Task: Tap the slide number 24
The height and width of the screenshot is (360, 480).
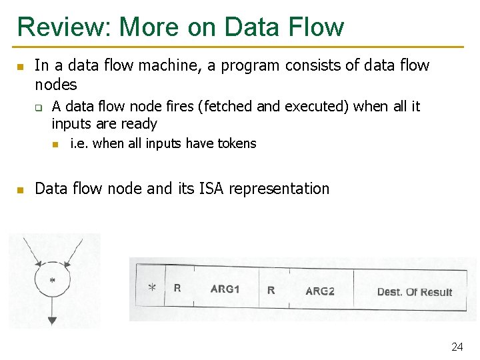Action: tap(457, 347)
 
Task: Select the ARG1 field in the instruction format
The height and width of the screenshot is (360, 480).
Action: tap(225, 289)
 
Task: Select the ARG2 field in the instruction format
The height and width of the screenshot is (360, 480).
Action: tap(320, 291)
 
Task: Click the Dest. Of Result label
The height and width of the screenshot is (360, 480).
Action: tap(414, 292)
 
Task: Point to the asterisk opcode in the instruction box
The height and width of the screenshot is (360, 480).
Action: tap(152, 288)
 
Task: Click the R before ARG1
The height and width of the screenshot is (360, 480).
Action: tap(177, 288)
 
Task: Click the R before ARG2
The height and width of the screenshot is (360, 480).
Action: tap(271, 290)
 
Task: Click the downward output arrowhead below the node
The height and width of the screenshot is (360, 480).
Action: tap(52, 320)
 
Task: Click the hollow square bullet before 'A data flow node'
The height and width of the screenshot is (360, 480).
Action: tap(39, 107)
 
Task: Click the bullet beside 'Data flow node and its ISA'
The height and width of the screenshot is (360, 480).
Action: tap(20, 190)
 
